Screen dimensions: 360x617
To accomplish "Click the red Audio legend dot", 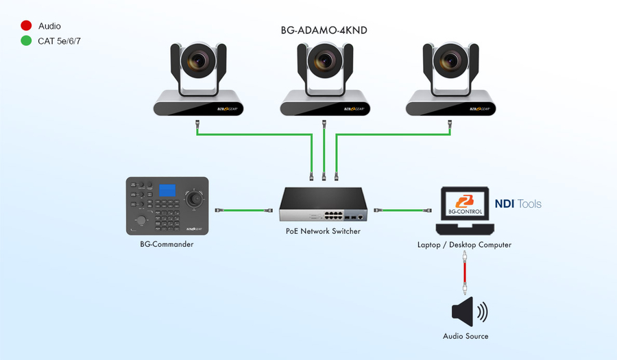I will [x=26, y=26].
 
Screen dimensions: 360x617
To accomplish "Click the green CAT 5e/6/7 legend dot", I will [x=26, y=40].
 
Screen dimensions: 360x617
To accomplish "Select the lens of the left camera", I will [x=198, y=62].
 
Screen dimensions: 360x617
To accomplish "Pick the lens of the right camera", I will [x=450, y=62].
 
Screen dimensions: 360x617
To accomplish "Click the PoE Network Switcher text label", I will [x=324, y=232].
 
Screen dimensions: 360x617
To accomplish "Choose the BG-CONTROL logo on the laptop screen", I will [x=465, y=203].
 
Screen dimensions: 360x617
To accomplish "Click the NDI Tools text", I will [x=518, y=204].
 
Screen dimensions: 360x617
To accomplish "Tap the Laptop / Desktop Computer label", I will [x=465, y=245].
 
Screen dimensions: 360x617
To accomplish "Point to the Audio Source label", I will [x=465, y=336].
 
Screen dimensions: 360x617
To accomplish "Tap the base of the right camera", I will [x=450, y=106].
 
